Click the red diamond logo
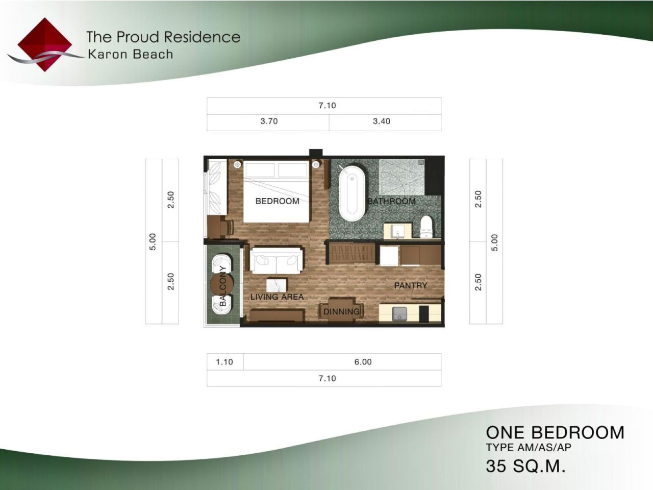pyautogui.click(x=44, y=44)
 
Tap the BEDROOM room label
pyautogui.click(x=277, y=201)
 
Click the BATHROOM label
pyautogui.click(x=391, y=201)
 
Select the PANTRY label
pyautogui.click(x=410, y=285)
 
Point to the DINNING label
pyautogui.click(x=341, y=311)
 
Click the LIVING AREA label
pyautogui.click(x=277, y=297)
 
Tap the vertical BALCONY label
pyautogui.click(x=222, y=286)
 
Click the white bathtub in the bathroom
pyautogui.click(x=351, y=192)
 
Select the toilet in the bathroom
pyautogui.click(x=426, y=227)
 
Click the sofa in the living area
pyautogui.click(x=276, y=260)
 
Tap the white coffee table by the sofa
pyautogui.click(x=276, y=284)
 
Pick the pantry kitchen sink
pyautogui.click(x=399, y=313)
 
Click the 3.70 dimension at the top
pyautogui.click(x=269, y=121)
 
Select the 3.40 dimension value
pyautogui.click(x=381, y=121)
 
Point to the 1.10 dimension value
pyautogui.click(x=224, y=362)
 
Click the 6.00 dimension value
pyautogui.click(x=363, y=362)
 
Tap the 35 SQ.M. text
pyautogui.click(x=525, y=466)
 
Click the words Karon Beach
pyautogui.click(x=130, y=54)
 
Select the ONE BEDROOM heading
pyautogui.click(x=555, y=432)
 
